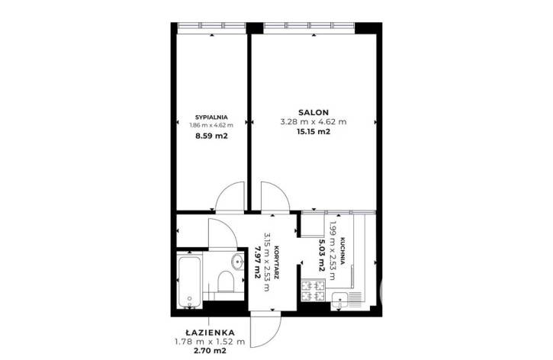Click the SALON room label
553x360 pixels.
[313, 112]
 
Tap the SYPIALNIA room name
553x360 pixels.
[211, 117]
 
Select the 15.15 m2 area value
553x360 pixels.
[313, 132]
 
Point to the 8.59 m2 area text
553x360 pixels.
[211, 136]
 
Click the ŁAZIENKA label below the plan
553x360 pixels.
[210, 332]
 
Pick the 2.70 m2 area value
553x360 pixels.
[210, 351]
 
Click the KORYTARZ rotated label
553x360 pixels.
[276, 262]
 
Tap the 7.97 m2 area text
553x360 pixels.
[258, 262]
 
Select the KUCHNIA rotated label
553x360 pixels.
[342, 251]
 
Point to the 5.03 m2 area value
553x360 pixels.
[322, 256]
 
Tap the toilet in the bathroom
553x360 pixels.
[226, 281]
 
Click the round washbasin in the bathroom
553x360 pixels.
[238, 262]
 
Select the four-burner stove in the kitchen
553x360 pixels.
[313, 290]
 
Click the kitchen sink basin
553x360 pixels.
[339, 301]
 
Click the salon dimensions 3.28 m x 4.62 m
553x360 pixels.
[313, 122]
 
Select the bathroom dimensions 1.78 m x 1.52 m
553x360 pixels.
[210, 341]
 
